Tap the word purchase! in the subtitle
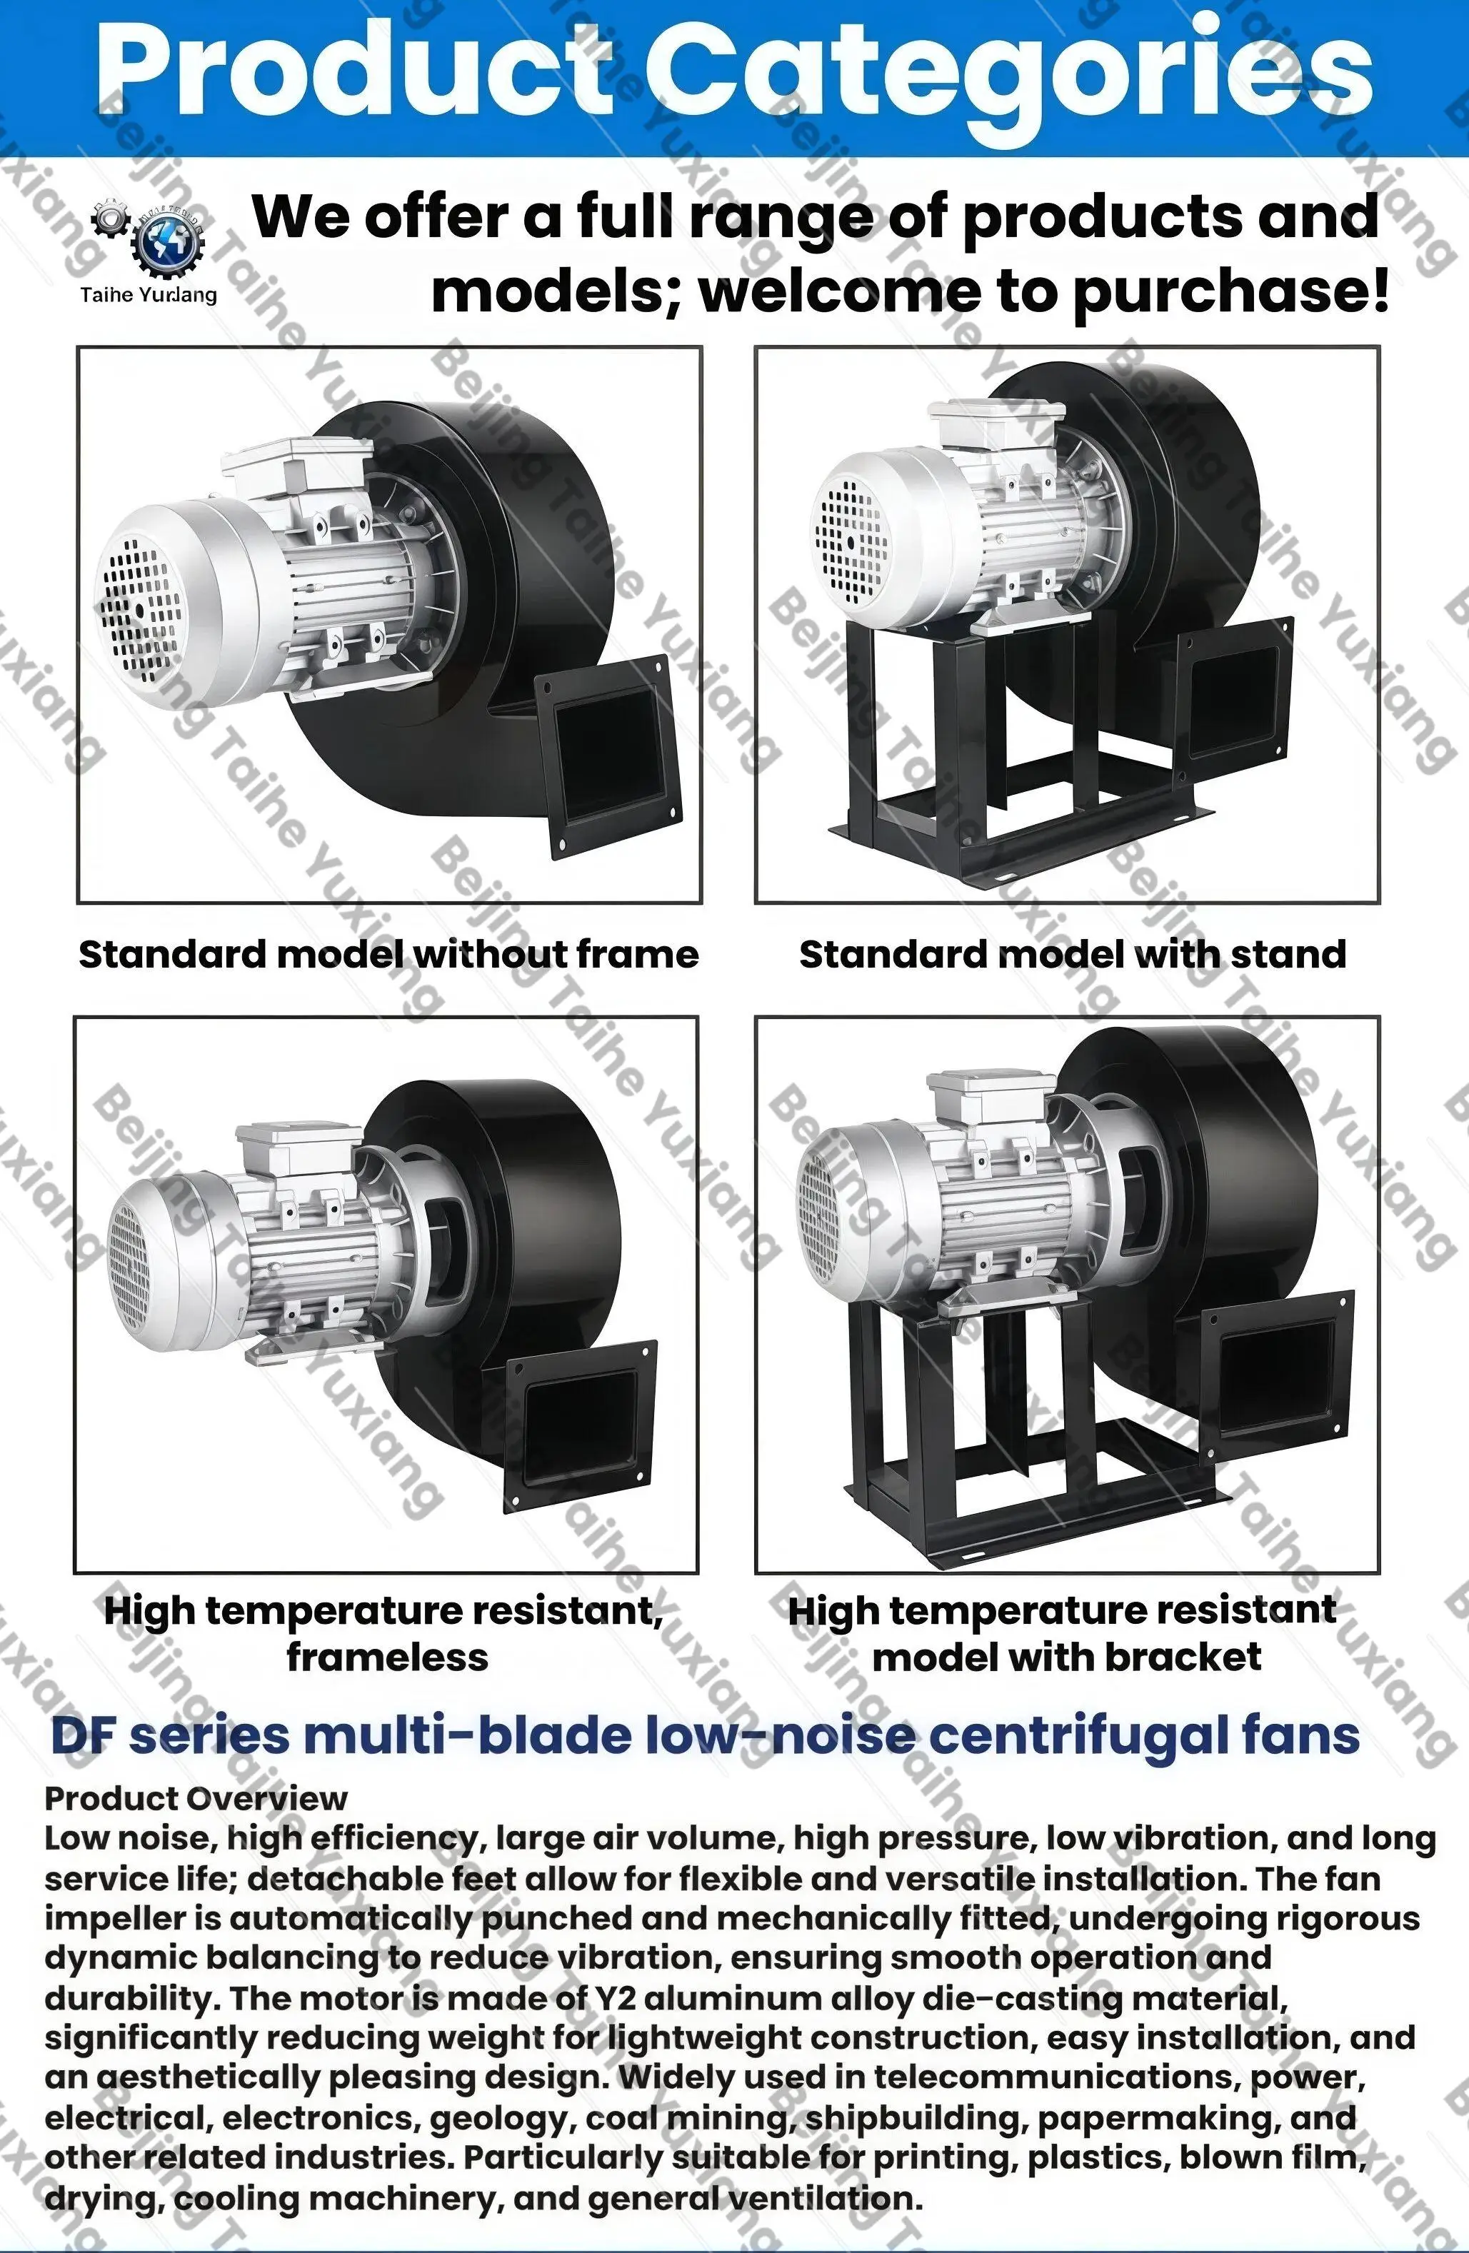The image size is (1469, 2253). [1230, 293]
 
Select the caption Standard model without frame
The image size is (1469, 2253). [388, 954]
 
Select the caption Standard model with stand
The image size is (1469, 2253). [1073, 954]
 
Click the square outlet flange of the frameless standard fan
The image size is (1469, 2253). [608, 758]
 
